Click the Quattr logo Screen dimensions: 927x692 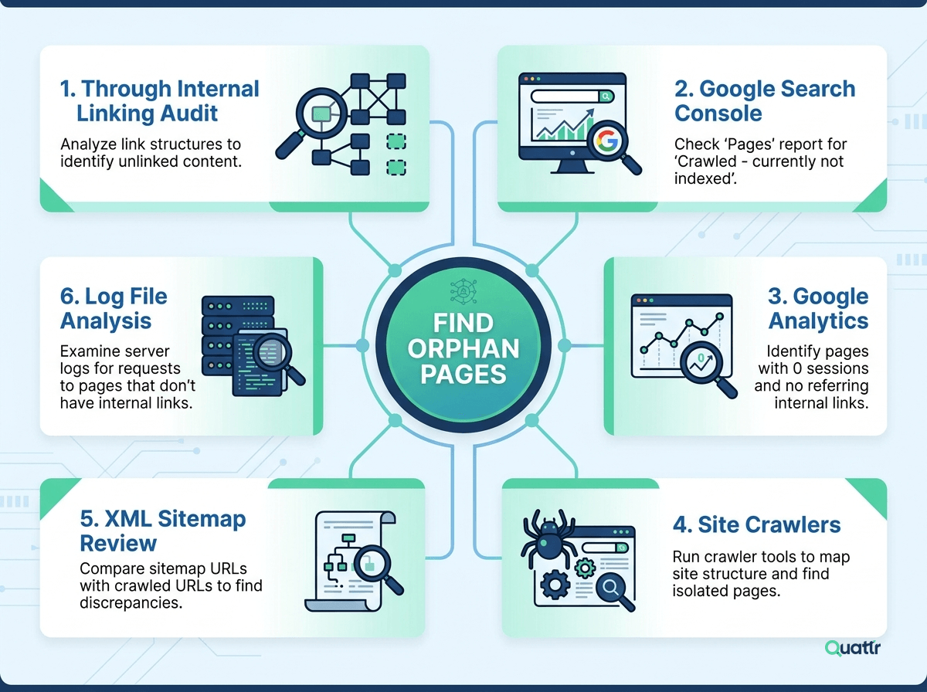[852, 648]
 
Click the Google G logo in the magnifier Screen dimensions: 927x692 [606, 141]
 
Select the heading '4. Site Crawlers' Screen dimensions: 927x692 [756, 525]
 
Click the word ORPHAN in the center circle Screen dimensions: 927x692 [463, 348]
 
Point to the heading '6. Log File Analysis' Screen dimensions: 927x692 [114, 308]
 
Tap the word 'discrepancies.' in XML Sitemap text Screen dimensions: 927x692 [131, 603]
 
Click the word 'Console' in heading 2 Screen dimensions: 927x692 [718, 114]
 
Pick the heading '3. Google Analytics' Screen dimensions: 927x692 [818, 308]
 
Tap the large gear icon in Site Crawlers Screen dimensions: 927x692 [555, 585]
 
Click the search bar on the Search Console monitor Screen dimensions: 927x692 [572, 97]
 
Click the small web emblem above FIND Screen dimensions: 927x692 [463, 291]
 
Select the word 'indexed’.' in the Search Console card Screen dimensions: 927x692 [705, 178]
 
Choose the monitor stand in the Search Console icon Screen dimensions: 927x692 [572, 167]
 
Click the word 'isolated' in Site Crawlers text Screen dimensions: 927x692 [700, 591]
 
